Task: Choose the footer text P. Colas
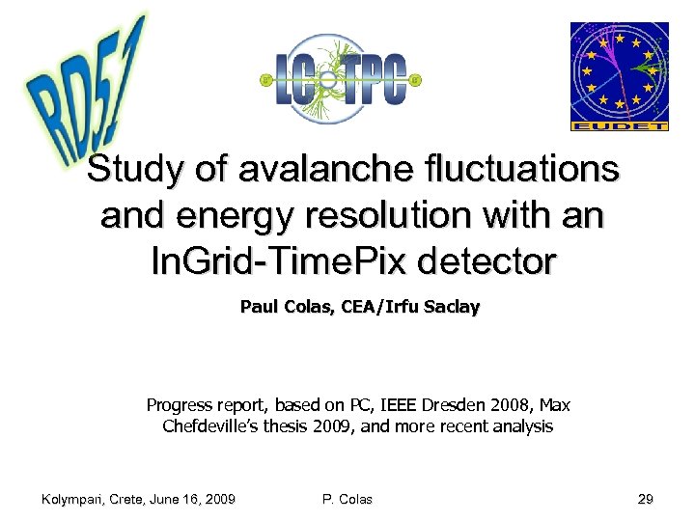click(x=347, y=499)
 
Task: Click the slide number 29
click(x=645, y=499)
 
